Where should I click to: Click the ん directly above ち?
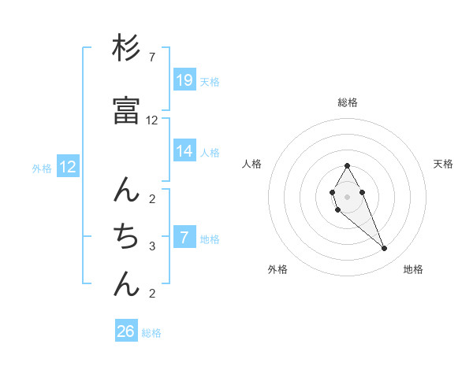pyautogui.click(x=127, y=190)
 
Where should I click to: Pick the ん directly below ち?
pyautogui.click(x=127, y=284)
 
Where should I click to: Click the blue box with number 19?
pyautogui.click(x=184, y=80)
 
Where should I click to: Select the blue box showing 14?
pyautogui.click(x=184, y=151)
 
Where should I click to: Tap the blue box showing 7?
pyautogui.click(x=184, y=238)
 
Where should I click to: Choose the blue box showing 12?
pyautogui.click(x=68, y=167)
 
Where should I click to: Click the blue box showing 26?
pyautogui.click(x=126, y=331)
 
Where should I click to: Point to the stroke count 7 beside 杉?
pyautogui.click(x=152, y=57)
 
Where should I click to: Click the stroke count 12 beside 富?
pyautogui.click(x=152, y=120)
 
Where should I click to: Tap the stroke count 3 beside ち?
pyautogui.click(x=152, y=246)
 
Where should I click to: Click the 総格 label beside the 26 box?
pyautogui.click(x=151, y=333)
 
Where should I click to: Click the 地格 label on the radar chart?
pyautogui.click(x=413, y=269)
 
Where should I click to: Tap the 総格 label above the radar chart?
pyautogui.click(x=347, y=102)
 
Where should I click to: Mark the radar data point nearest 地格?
pyautogui.click(x=385, y=249)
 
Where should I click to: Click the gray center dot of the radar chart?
pyautogui.click(x=347, y=195)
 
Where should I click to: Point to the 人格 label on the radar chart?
pyautogui.click(x=251, y=164)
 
